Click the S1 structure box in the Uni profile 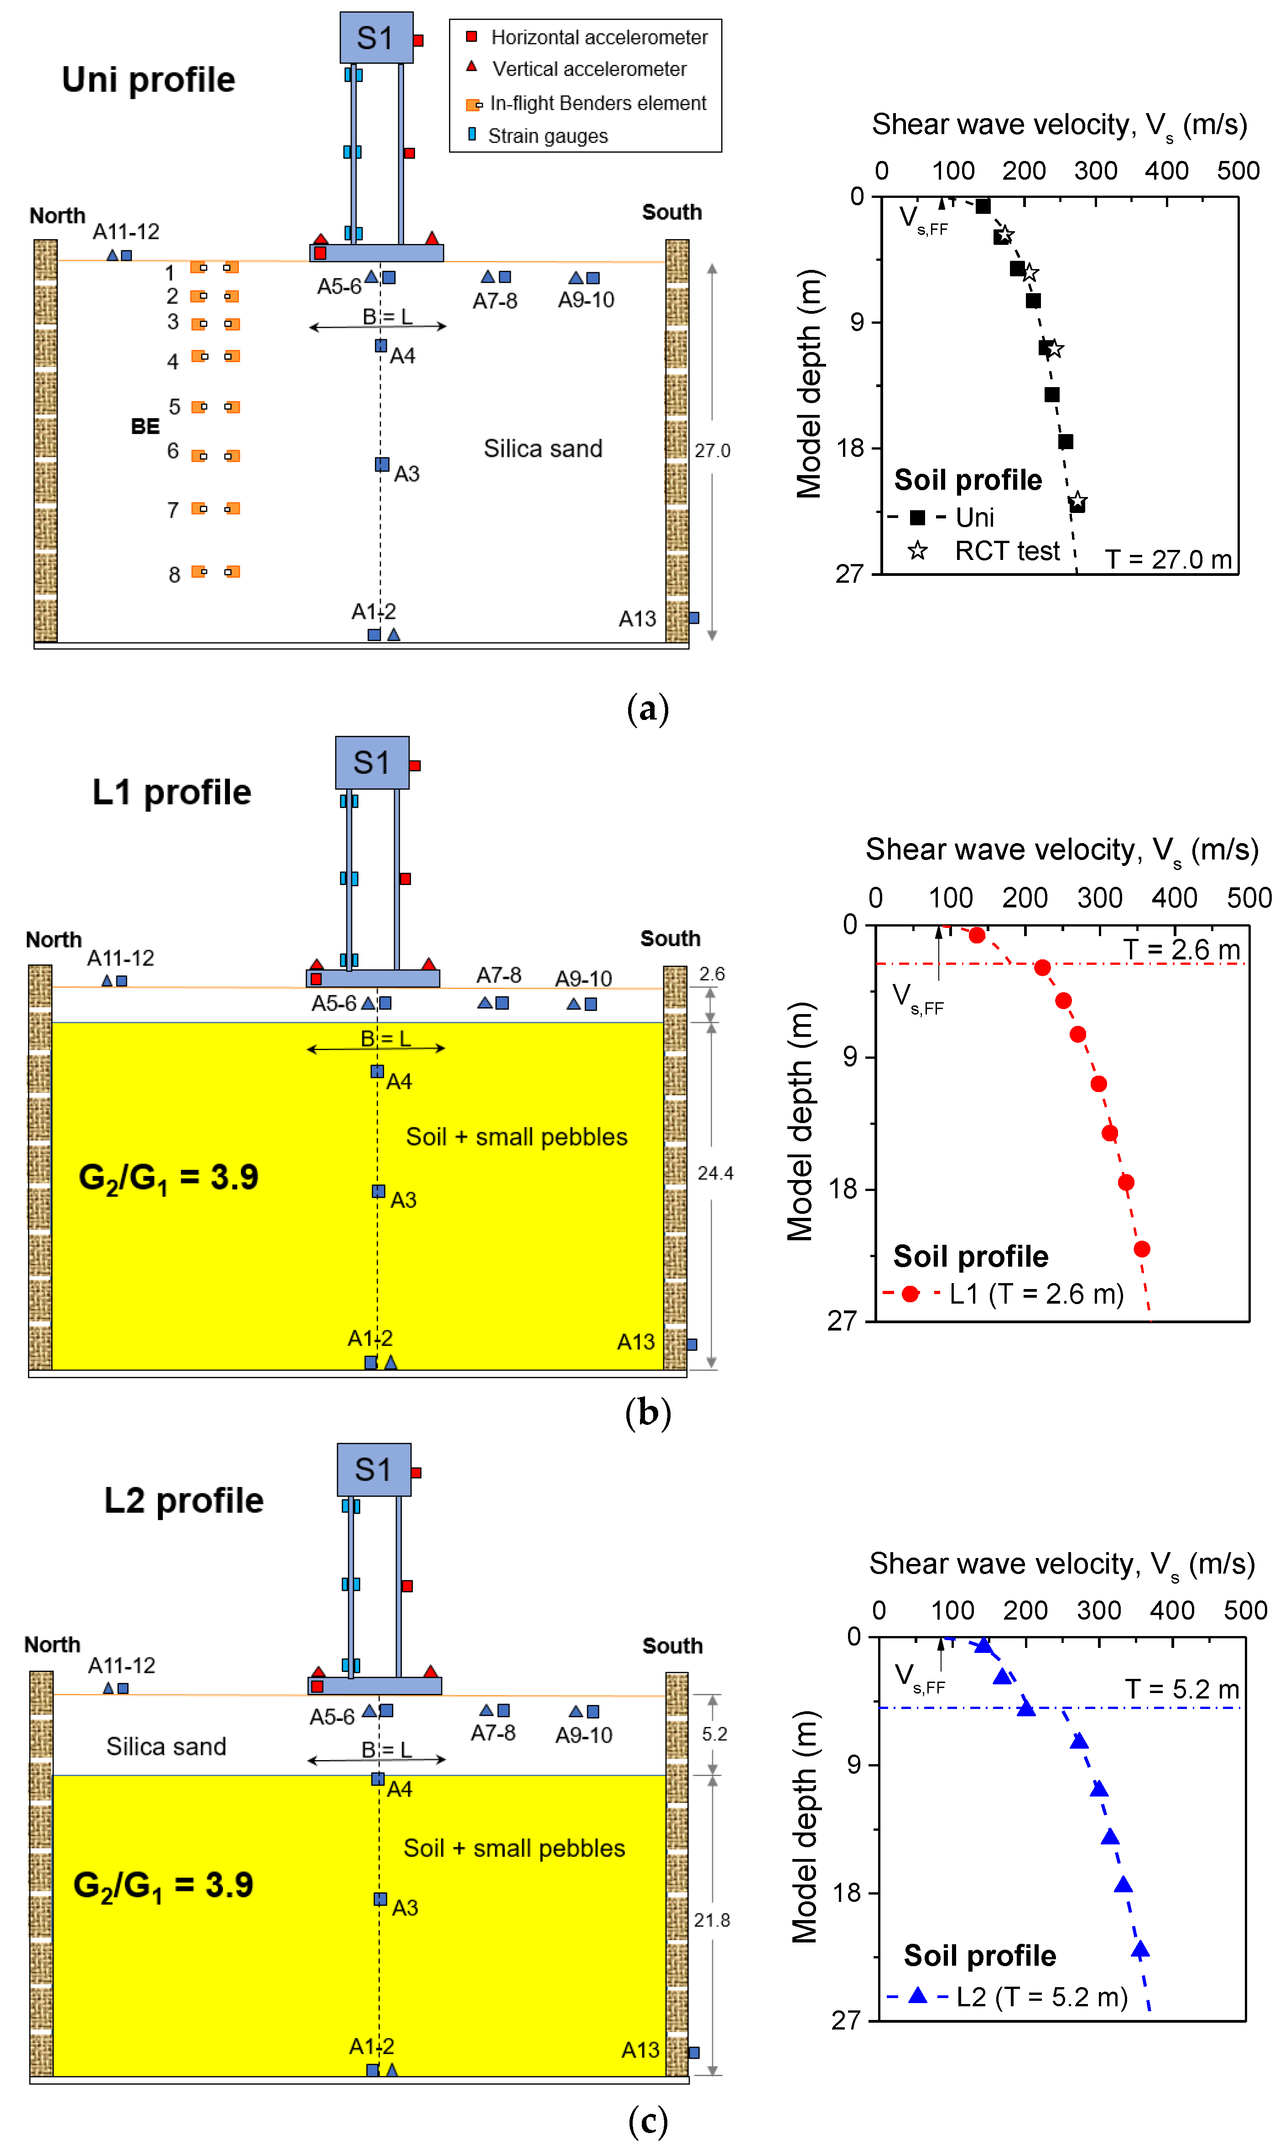click(x=376, y=38)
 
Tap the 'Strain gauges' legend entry click(x=547, y=136)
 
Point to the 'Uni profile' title click(x=148, y=80)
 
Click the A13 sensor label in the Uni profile click(x=637, y=619)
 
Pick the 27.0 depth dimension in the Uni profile click(x=712, y=451)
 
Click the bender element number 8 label click(x=174, y=575)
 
